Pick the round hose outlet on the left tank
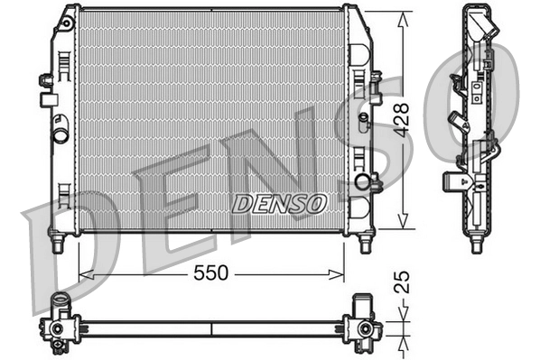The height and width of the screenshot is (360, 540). [x=60, y=136]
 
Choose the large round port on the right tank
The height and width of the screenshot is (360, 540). [x=364, y=182]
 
